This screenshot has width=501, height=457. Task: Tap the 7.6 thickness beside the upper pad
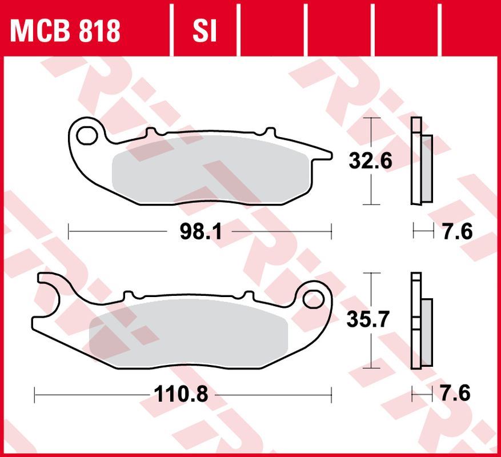[x=457, y=231]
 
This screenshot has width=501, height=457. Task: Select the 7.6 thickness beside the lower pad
[x=456, y=394]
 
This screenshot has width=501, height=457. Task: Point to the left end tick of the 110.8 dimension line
[x=35, y=394]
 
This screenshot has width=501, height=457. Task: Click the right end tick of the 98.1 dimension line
[x=331, y=231]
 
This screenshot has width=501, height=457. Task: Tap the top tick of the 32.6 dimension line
[x=372, y=118]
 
